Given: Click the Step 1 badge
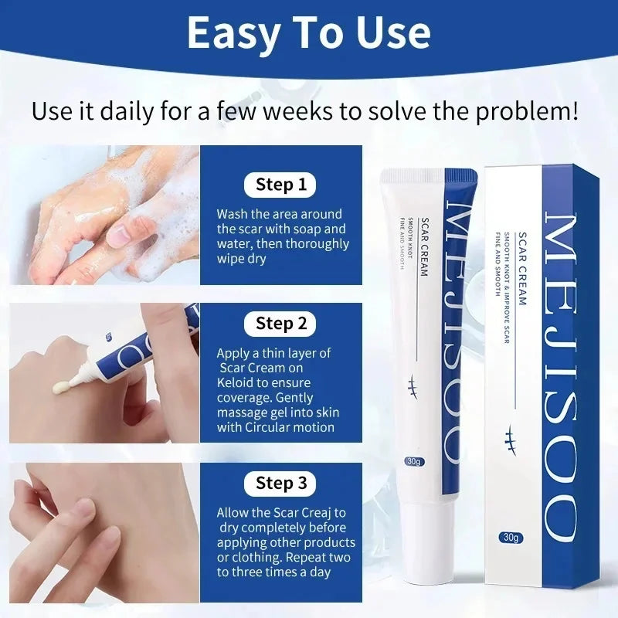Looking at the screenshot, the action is coord(280,185).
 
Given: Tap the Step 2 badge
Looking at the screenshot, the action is coord(280,324).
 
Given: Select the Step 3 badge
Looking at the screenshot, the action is coord(280,484).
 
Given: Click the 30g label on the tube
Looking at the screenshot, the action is coord(413,461).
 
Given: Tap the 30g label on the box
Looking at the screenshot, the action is coord(511,537).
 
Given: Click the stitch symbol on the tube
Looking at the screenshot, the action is coord(413,385).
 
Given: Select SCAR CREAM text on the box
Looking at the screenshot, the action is coord(522,269).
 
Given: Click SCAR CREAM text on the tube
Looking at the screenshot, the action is coord(423,246).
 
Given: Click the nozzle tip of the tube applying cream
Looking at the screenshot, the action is coord(71,382).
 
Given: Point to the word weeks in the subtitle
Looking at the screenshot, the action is coord(298,111).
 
